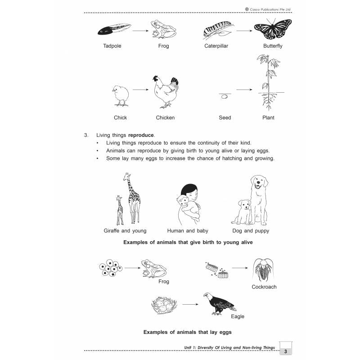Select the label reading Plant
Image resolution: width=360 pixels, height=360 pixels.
click(268, 118)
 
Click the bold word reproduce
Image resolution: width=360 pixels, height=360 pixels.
click(141, 135)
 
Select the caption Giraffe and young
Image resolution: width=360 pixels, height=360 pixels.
click(125, 231)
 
